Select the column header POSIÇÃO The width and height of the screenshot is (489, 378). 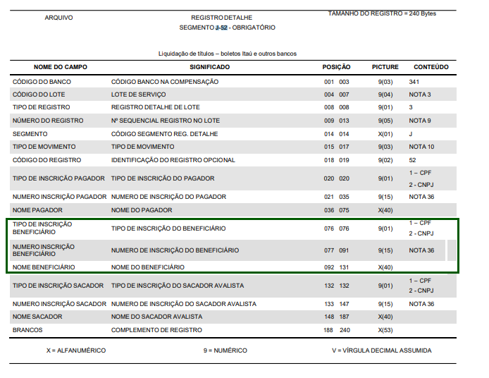(x=336, y=67)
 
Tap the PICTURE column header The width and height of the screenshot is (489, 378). (x=385, y=67)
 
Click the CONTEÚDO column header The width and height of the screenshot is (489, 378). (x=431, y=67)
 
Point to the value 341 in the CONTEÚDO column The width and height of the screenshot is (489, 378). (x=414, y=82)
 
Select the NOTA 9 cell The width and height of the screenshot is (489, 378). (x=419, y=121)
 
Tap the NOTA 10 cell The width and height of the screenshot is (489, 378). (x=421, y=147)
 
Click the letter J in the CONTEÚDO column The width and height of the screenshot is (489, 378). (x=410, y=133)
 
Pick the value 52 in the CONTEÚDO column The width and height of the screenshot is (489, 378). (x=413, y=160)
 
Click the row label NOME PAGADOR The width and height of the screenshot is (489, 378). (x=37, y=210)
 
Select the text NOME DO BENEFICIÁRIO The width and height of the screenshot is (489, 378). (x=148, y=267)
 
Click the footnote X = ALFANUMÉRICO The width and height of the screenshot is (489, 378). (x=75, y=350)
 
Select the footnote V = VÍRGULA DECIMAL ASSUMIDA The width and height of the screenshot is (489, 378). (x=381, y=350)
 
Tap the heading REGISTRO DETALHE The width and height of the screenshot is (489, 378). (x=221, y=17)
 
